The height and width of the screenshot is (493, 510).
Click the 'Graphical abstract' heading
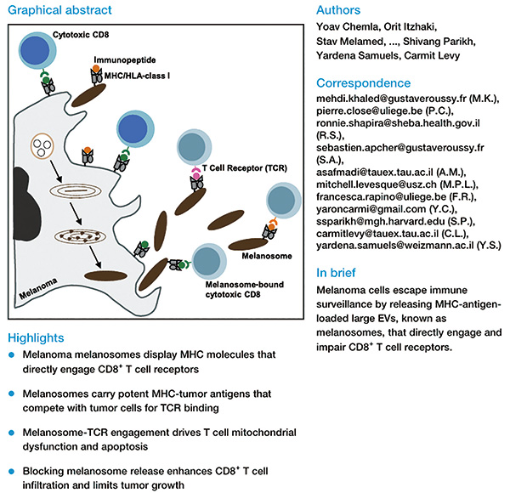54,9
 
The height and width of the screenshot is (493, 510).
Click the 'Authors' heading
338,9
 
